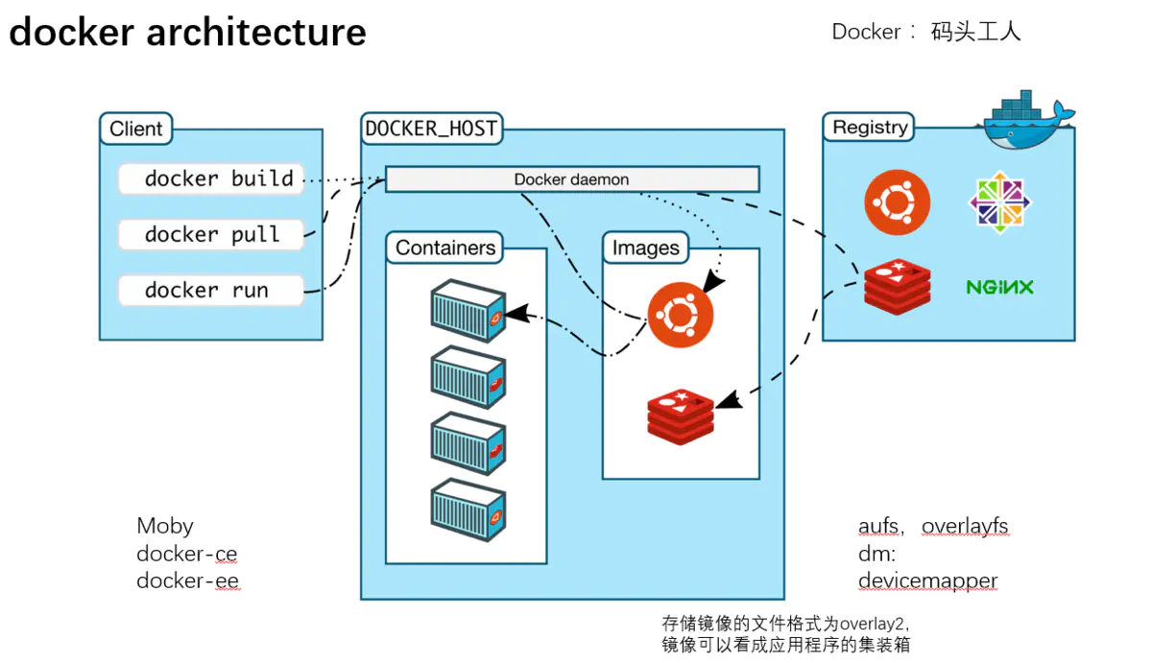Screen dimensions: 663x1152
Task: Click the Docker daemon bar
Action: pos(572,179)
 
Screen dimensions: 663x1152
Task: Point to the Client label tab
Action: pos(136,129)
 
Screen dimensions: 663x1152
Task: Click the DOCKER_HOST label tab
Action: pos(431,128)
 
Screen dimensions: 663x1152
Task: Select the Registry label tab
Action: pos(870,127)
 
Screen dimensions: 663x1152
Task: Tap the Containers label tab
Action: pos(445,248)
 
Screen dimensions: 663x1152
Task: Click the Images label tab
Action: pos(646,249)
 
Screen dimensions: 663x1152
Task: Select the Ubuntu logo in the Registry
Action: pos(897,202)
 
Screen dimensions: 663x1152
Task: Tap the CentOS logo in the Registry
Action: pos(999,201)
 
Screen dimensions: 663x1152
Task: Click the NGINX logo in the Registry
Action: pos(999,287)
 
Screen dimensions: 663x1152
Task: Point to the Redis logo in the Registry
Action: pos(898,287)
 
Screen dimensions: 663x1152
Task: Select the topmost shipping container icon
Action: pos(468,310)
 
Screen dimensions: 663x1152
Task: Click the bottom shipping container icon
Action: pos(468,509)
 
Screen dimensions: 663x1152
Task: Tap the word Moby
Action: pos(165,526)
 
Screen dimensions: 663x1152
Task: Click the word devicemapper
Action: pos(927,581)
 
